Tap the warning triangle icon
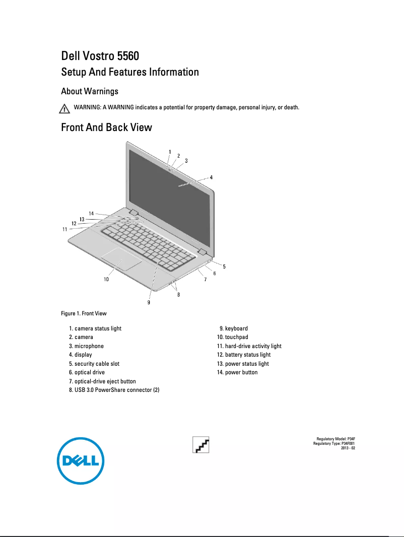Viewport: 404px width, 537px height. point(64,109)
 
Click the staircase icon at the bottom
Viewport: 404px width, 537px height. point(201,445)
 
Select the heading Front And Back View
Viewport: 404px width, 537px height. point(106,127)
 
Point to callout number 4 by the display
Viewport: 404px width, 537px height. point(211,177)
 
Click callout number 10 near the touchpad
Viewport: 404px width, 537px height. point(106,279)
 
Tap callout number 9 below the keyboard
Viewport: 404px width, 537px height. point(149,302)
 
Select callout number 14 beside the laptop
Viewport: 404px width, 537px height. point(91,213)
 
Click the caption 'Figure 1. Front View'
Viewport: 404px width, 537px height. point(84,314)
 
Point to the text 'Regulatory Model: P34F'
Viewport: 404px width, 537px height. point(335,439)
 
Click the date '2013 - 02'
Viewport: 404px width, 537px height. point(348,448)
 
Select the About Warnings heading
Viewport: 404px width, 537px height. point(90,91)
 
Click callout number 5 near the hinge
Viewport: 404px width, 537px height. point(224,266)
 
